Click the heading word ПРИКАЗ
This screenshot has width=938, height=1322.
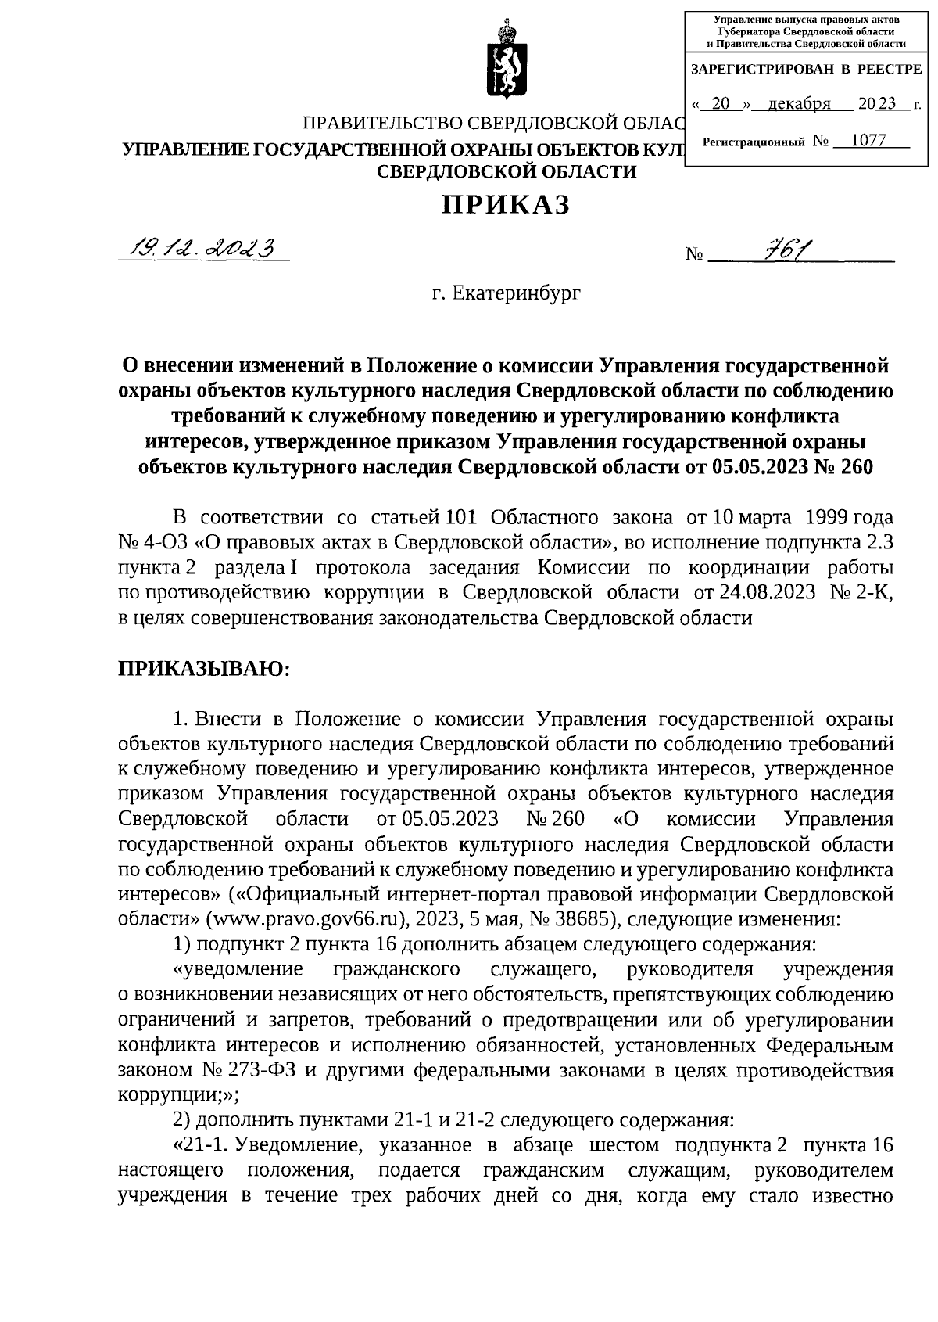[x=506, y=204]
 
